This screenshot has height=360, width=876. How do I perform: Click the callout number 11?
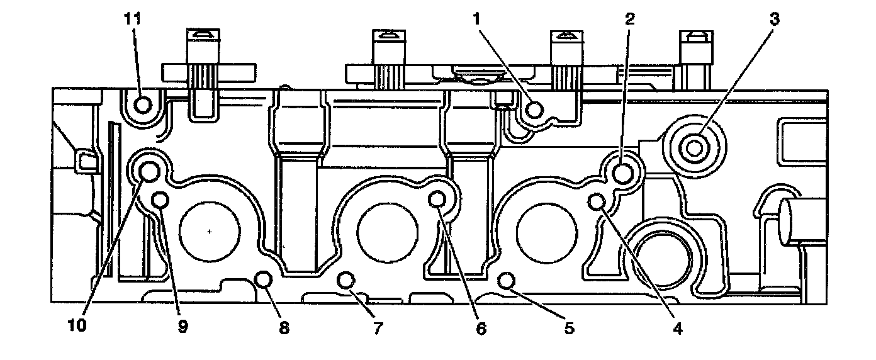click(x=133, y=20)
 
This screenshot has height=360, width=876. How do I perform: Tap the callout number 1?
click(x=478, y=20)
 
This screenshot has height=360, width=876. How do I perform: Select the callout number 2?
click(x=629, y=20)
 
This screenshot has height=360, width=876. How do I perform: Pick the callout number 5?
click(x=569, y=328)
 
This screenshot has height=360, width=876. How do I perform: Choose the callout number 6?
click(x=481, y=328)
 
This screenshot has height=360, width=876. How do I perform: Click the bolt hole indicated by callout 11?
click(x=143, y=104)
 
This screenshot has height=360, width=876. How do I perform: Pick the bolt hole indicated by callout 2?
click(x=623, y=172)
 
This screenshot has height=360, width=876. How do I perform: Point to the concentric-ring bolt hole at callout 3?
click(x=695, y=148)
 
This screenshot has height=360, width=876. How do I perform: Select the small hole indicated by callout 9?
click(x=160, y=200)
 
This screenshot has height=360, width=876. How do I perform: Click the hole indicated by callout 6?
click(x=437, y=200)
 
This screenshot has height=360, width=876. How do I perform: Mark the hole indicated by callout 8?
click(x=263, y=279)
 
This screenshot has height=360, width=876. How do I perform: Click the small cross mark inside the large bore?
click(x=210, y=232)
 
